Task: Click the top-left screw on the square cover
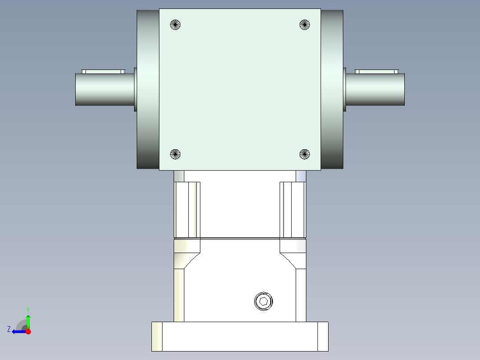(175, 25)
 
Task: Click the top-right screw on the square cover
(305, 25)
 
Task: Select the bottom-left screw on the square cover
(175, 154)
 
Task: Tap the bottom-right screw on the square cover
(305, 154)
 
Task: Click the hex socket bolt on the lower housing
(264, 302)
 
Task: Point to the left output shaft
(105, 90)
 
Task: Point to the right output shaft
(375, 90)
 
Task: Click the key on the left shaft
(103, 72)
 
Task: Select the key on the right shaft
(377, 72)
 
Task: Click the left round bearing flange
(148, 89)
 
